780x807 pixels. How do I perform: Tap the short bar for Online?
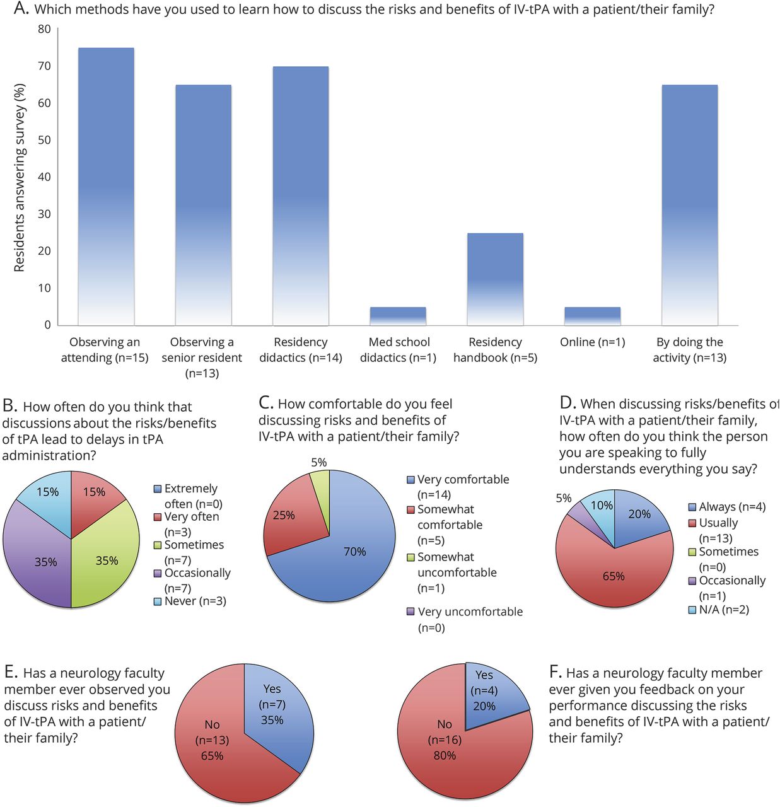pyautogui.click(x=592, y=316)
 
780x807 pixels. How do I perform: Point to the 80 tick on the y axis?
pyautogui.click(x=44, y=29)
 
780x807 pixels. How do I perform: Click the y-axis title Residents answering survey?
pyautogui.click(x=20, y=178)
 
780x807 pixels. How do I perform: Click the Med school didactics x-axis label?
pyautogui.click(x=399, y=350)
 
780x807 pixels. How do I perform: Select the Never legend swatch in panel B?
pyautogui.click(x=158, y=601)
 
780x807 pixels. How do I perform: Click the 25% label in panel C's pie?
pyautogui.click(x=284, y=515)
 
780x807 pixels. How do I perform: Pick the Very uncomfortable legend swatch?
pyautogui.click(x=410, y=612)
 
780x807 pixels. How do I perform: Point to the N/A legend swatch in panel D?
pyautogui.click(x=692, y=610)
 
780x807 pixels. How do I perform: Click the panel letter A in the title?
pyautogui.click(x=21, y=9)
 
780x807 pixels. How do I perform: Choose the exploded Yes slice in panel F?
pyautogui.click(x=489, y=690)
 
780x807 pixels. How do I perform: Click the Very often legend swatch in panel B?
pyautogui.click(x=158, y=517)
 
